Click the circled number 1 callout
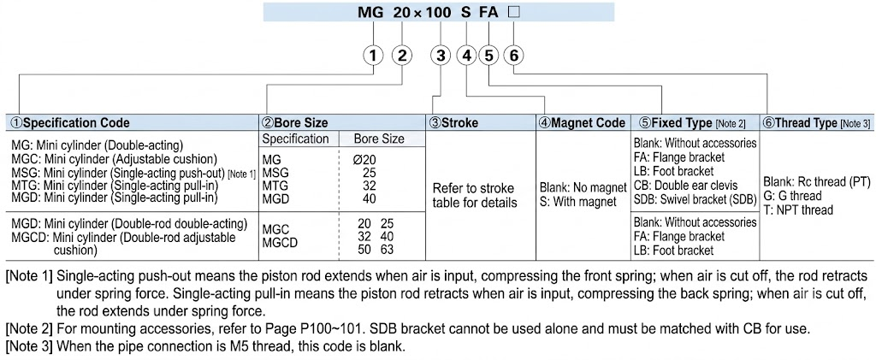374,56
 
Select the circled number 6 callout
514,56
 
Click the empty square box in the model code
513,11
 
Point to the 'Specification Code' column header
70,123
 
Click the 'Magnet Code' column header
582,123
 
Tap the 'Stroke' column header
453,123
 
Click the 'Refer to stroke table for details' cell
475,195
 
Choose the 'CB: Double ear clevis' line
685,186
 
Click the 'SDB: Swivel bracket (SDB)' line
695,199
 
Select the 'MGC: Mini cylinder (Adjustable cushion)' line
115,158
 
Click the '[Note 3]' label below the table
29,346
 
